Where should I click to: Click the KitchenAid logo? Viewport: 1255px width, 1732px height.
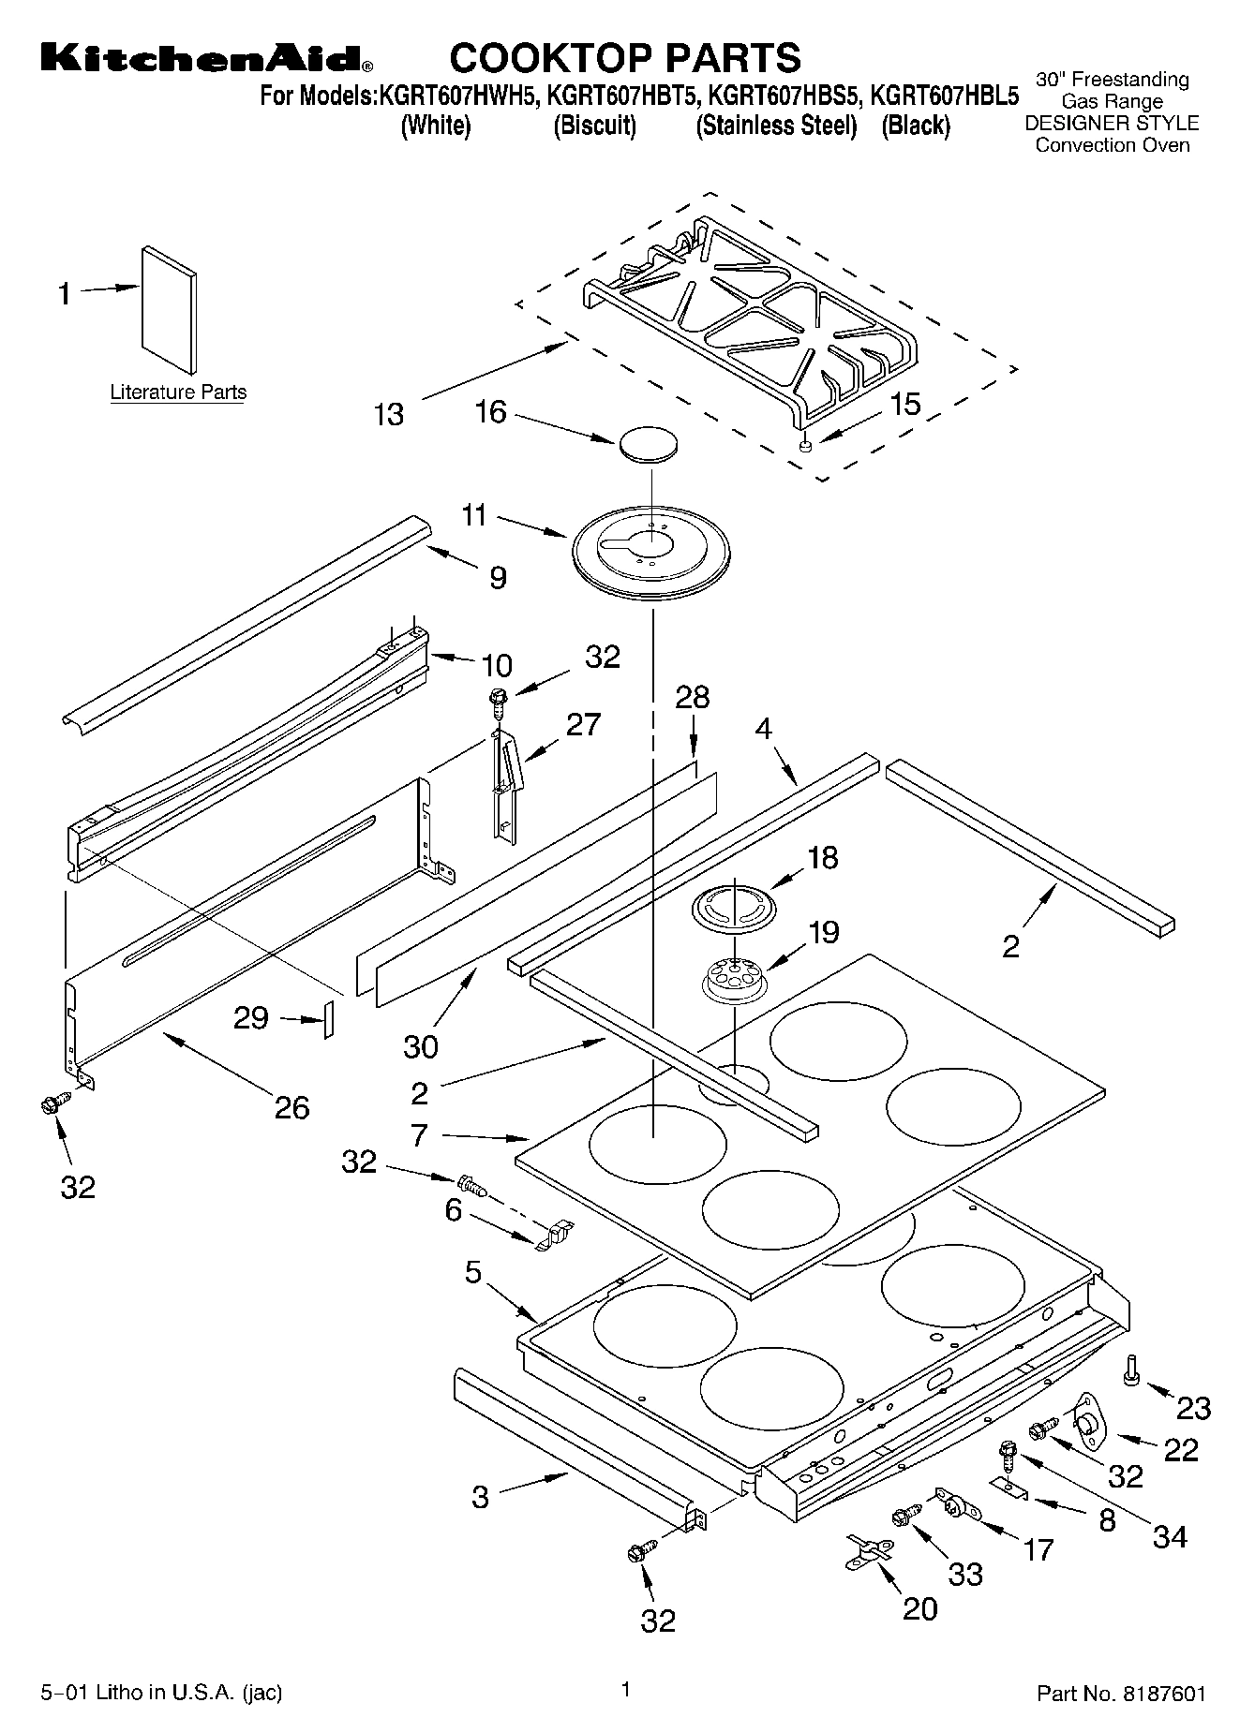[x=206, y=57]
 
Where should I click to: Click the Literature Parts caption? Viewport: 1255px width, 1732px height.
[x=178, y=392]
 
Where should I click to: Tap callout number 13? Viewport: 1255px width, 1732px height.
[x=389, y=414]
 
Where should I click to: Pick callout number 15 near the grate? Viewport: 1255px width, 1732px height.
[x=904, y=404]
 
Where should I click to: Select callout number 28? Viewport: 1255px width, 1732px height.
[x=693, y=698]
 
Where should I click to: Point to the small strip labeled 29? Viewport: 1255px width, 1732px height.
[x=328, y=1018]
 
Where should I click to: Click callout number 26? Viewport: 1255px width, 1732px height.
[x=291, y=1108]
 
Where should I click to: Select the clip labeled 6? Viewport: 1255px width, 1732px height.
[x=555, y=1235]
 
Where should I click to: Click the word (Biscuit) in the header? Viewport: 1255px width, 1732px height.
[x=594, y=126]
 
